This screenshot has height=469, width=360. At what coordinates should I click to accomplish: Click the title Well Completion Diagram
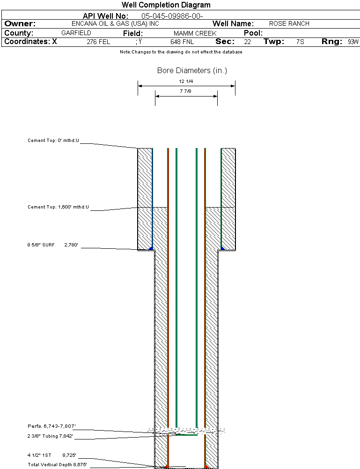(x=166, y=5)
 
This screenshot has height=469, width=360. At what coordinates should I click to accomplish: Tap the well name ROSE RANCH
(x=289, y=23)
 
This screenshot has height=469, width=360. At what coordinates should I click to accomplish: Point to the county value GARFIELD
(x=76, y=33)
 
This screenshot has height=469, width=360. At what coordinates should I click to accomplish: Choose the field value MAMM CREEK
(x=195, y=34)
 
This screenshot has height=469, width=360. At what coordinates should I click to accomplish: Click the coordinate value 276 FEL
(x=98, y=42)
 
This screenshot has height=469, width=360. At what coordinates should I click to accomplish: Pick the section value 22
(x=247, y=42)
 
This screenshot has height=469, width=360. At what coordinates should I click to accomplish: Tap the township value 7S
(x=300, y=42)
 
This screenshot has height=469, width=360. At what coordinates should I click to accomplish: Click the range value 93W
(x=353, y=42)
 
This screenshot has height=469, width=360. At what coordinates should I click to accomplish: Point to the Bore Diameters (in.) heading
(x=192, y=71)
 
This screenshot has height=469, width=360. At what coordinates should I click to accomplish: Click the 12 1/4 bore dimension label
(x=186, y=81)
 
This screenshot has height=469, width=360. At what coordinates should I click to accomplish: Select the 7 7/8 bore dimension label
(x=186, y=91)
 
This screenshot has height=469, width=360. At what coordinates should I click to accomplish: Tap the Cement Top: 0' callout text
(x=53, y=140)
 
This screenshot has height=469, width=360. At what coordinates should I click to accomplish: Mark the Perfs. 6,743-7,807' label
(x=51, y=426)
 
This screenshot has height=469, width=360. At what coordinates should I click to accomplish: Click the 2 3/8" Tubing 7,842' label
(x=50, y=436)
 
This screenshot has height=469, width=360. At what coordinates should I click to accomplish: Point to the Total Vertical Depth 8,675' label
(x=57, y=464)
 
